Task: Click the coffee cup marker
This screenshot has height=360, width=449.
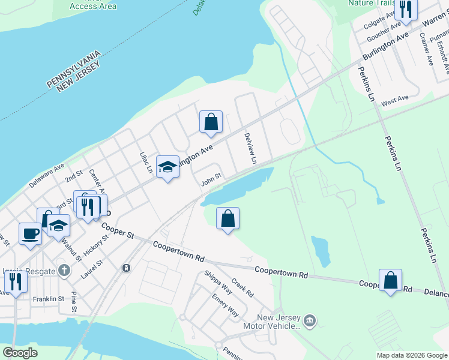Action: click(29, 233)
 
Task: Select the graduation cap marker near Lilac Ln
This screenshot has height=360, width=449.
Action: click(168, 166)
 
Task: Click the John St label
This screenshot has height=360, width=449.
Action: click(211, 178)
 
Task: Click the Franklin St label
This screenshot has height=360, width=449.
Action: click(49, 299)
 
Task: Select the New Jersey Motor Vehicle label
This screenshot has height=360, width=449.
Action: click(270, 322)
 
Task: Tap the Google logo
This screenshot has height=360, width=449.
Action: click(20, 353)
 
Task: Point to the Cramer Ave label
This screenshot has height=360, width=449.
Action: click(426, 48)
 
